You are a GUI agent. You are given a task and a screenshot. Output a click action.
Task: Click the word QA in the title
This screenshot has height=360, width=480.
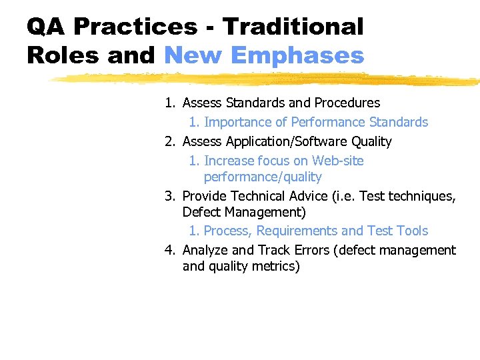point(46,27)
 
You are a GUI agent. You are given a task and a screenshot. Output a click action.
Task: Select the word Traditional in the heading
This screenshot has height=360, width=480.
point(293,27)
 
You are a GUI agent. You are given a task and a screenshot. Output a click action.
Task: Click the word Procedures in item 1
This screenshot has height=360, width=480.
point(347,103)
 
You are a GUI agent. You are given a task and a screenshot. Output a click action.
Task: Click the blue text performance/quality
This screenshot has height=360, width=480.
point(263,177)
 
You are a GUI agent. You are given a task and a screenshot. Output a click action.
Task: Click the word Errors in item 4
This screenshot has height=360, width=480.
point(312,250)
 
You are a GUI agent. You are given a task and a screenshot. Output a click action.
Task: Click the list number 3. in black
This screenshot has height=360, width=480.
point(171,196)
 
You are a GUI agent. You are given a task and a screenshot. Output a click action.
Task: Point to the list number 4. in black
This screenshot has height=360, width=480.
point(171,250)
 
